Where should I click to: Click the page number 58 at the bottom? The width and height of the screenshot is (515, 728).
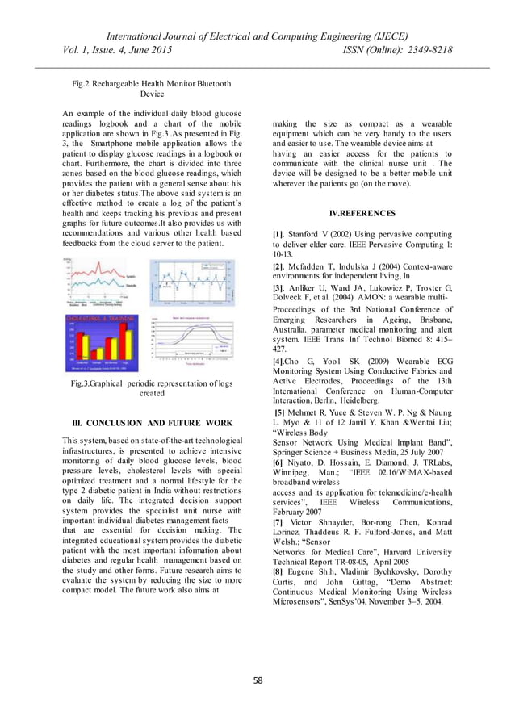[257, 680]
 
